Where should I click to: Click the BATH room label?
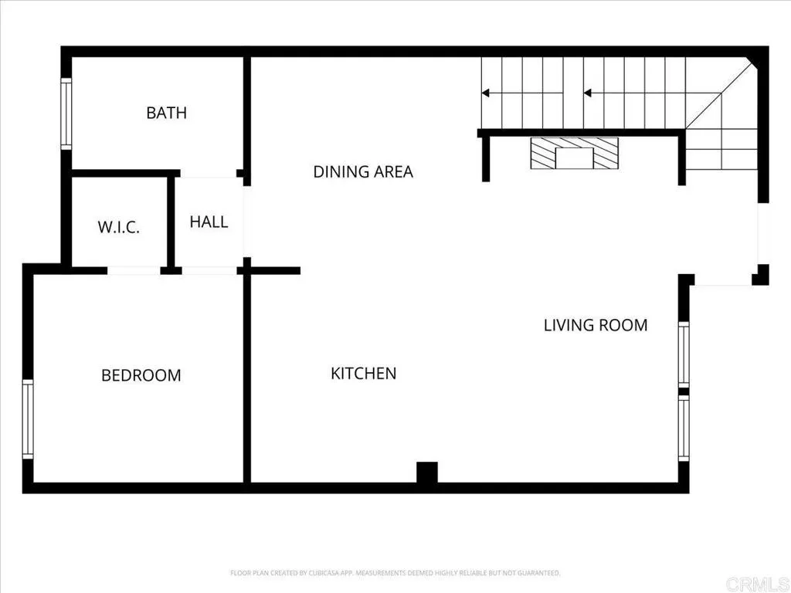point(166,113)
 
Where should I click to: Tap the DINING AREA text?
point(362,171)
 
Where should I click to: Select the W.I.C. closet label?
point(118,228)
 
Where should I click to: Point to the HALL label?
point(209,222)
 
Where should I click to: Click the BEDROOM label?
point(141,375)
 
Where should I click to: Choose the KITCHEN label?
point(363,374)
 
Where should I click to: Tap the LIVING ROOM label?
point(595,325)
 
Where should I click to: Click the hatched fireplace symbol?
point(574,153)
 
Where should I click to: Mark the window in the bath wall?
point(66,114)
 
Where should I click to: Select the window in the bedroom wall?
point(28,419)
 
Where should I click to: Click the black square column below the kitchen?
point(427,473)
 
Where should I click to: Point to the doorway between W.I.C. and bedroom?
point(134,270)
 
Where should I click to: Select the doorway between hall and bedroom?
point(209,270)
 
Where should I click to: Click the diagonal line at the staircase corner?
point(719,96)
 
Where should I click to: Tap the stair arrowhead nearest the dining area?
point(486,93)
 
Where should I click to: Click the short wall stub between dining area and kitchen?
point(274,270)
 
